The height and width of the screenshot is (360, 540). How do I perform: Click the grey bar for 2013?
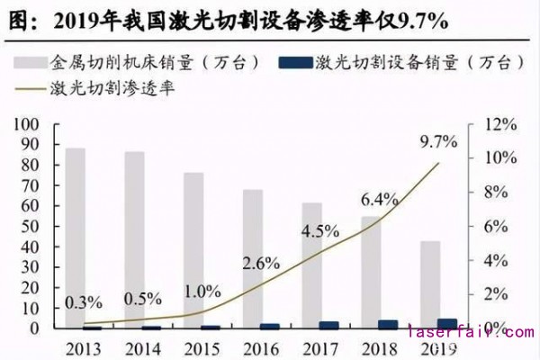tap(75, 238)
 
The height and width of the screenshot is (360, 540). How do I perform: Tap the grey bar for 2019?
tap(431, 284)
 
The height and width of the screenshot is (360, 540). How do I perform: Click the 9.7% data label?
tap(438, 141)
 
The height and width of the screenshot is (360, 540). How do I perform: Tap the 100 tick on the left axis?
tap(28, 123)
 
